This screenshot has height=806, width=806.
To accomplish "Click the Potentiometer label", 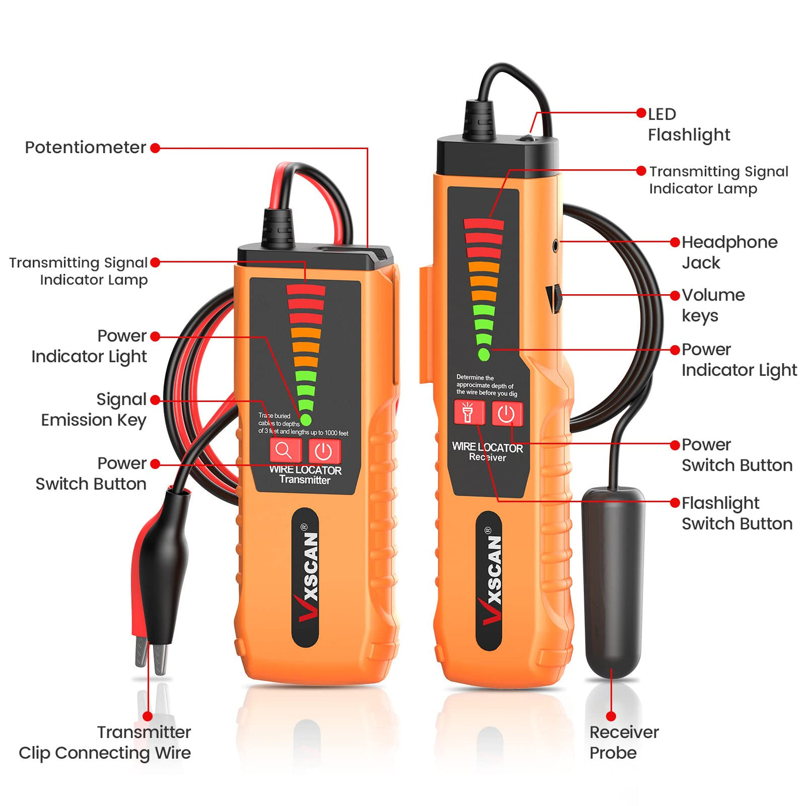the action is [x=85, y=147].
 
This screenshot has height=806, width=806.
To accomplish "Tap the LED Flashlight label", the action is [x=689, y=125].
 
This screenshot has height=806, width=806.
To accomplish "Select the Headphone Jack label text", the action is [x=729, y=253].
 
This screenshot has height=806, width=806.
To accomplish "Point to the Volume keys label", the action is [x=713, y=306].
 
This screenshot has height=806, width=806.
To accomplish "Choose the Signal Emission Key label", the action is [x=94, y=409].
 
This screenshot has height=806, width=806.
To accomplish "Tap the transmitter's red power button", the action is [x=324, y=451].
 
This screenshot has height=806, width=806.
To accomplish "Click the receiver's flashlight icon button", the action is [x=469, y=413].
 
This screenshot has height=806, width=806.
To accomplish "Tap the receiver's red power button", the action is [x=507, y=414].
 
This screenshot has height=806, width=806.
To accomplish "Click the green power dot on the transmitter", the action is [x=306, y=420].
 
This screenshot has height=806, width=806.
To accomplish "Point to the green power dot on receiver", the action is [x=484, y=354].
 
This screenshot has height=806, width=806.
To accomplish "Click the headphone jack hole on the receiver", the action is [x=556, y=245].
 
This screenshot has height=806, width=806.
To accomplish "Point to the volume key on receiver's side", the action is [x=553, y=299].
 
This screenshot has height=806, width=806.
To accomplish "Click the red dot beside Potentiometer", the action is [x=155, y=147].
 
